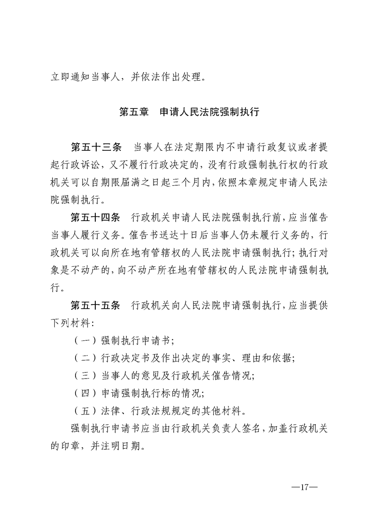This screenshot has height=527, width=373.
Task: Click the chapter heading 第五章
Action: pyautogui.click(x=134, y=113)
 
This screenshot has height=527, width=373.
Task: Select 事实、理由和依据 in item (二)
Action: pyautogui.click(x=255, y=358)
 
